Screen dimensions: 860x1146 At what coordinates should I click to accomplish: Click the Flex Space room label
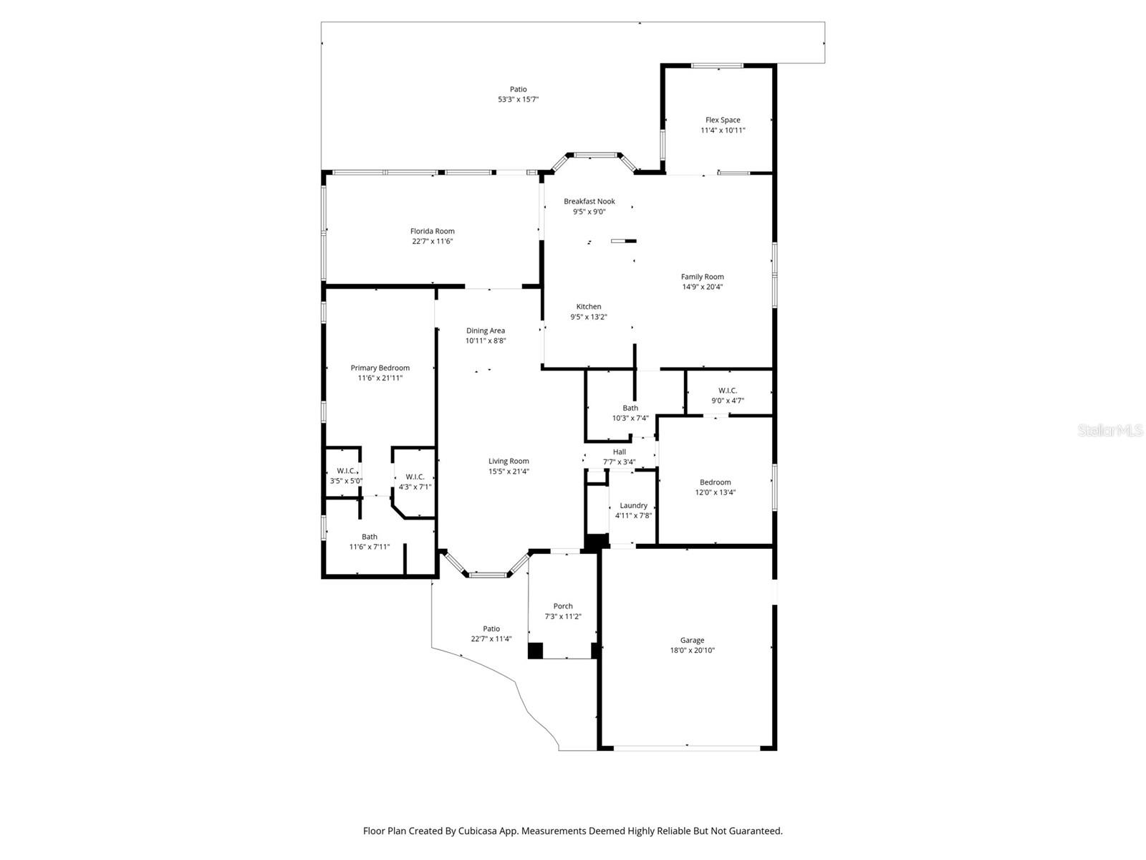[x=723, y=120]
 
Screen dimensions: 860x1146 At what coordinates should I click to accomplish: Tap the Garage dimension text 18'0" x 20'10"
[x=692, y=651]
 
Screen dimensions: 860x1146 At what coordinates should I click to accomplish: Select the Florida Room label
[x=432, y=231]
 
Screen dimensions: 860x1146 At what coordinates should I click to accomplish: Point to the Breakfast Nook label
[x=589, y=201]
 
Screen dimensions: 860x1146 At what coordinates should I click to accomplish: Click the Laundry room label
[x=633, y=505]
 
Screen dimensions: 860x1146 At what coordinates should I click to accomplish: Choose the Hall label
[x=619, y=452]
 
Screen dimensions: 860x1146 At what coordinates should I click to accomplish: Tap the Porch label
[x=563, y=606]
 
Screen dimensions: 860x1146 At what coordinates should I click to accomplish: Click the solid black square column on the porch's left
[x=535, y=650]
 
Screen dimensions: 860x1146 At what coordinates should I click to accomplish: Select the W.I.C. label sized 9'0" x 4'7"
[x=727, y=391]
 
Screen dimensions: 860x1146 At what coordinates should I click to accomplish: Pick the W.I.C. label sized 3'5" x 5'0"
[x=346, y=471]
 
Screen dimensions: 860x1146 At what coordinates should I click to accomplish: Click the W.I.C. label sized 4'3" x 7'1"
[x=415, y=477]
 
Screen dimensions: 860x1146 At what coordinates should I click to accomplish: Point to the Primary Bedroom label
[x=380, y=368]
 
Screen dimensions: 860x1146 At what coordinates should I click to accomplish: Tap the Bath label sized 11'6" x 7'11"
[x=369, y=537]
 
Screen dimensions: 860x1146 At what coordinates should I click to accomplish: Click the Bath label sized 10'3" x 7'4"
[x=630, y=408]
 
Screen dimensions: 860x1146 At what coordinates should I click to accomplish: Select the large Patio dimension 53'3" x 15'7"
[x=518, y=100]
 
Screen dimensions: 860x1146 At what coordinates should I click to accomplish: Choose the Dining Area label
[x=486, y=330]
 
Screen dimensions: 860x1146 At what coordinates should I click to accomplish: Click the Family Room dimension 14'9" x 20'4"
[x=702, y=287]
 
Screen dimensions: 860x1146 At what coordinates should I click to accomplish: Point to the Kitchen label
[x=589, y=307]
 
